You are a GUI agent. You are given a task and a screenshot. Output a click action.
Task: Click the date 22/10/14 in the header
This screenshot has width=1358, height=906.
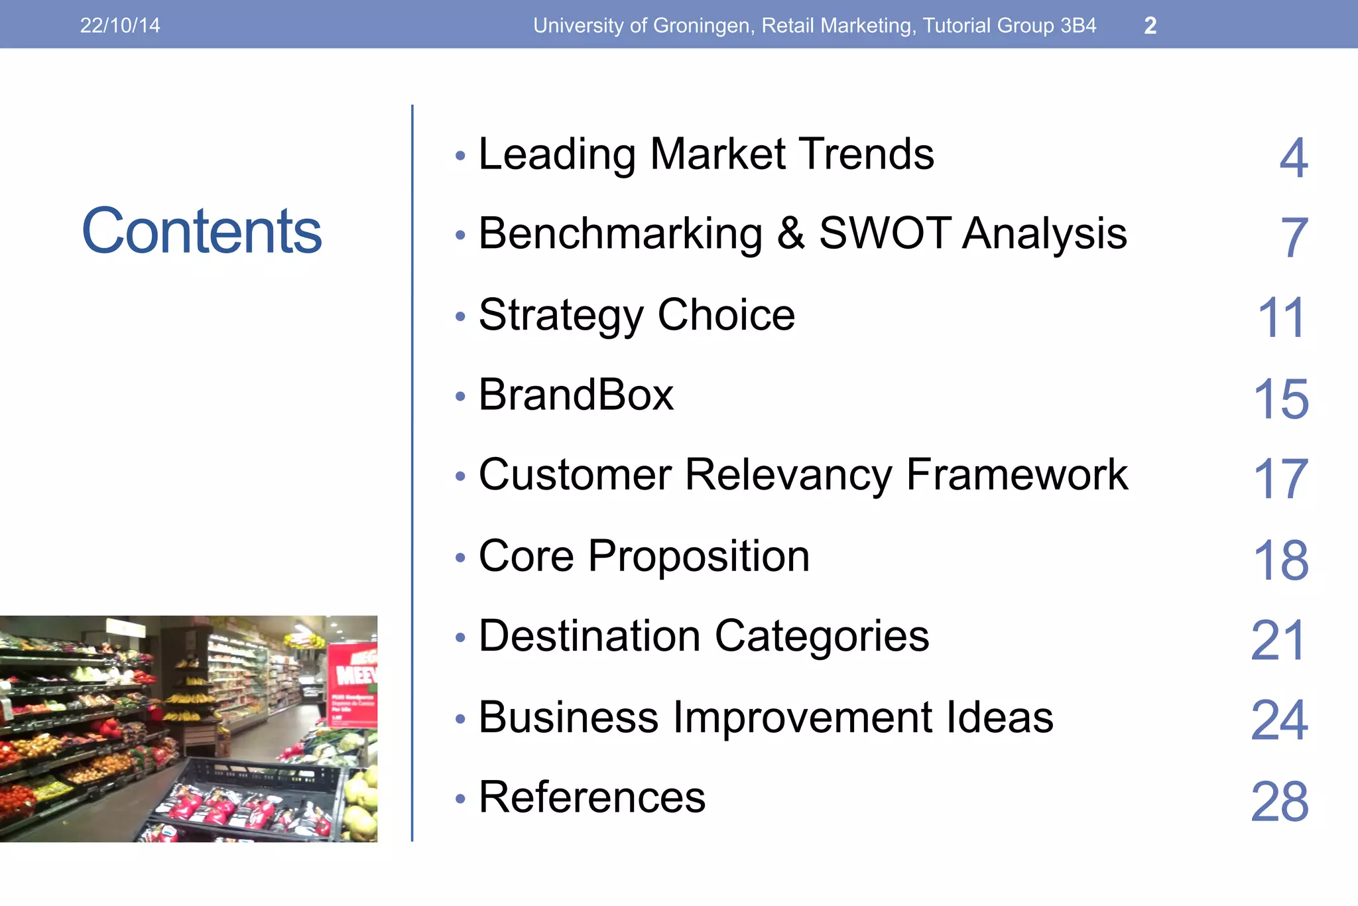coord(120,25)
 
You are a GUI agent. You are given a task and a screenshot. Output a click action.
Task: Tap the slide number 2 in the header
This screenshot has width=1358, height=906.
coord(1150,26)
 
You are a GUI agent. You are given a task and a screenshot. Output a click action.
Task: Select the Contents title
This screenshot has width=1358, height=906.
coord(202,231)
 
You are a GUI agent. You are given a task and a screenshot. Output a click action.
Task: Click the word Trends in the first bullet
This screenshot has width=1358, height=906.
coord(865,154)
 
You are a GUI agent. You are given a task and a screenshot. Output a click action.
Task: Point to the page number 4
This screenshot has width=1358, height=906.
coord(1293,158)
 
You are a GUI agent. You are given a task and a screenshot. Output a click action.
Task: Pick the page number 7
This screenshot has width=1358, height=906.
coord(1294,237)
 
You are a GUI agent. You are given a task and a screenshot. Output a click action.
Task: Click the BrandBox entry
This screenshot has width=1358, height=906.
coord(576,395)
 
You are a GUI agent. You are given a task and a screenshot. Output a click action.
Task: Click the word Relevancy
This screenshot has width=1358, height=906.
coord(788,475)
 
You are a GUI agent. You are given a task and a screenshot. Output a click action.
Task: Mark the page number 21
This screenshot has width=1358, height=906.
coord(1278,641)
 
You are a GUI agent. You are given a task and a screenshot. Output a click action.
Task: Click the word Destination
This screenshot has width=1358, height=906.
coord(589,636)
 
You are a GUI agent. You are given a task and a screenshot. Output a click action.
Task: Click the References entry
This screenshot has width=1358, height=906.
coord(591,797)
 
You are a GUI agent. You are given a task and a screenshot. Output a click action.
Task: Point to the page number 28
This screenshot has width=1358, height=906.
coord(1280,802)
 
